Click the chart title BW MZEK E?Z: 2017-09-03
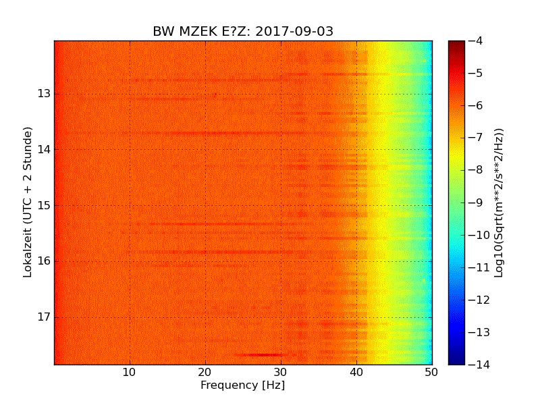tap(243, 32)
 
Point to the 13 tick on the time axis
tap(45, 94)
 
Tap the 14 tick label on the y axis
tap(45, 150)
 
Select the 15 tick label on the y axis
tap(45, 205)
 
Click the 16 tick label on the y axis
tap(45, 261)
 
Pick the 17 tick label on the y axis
tap(45, 317)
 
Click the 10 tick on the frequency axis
tap(130, 373)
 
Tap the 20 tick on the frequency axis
tap(205, 373)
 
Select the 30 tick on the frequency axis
tap(281, 373)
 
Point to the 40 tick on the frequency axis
tap(356, 373)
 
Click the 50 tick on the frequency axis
tap(431, 373)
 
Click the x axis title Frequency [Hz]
tap(242, 385)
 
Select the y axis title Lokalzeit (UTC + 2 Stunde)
tap(28, 202)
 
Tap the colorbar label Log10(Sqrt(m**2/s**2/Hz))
tap(500, 202)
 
